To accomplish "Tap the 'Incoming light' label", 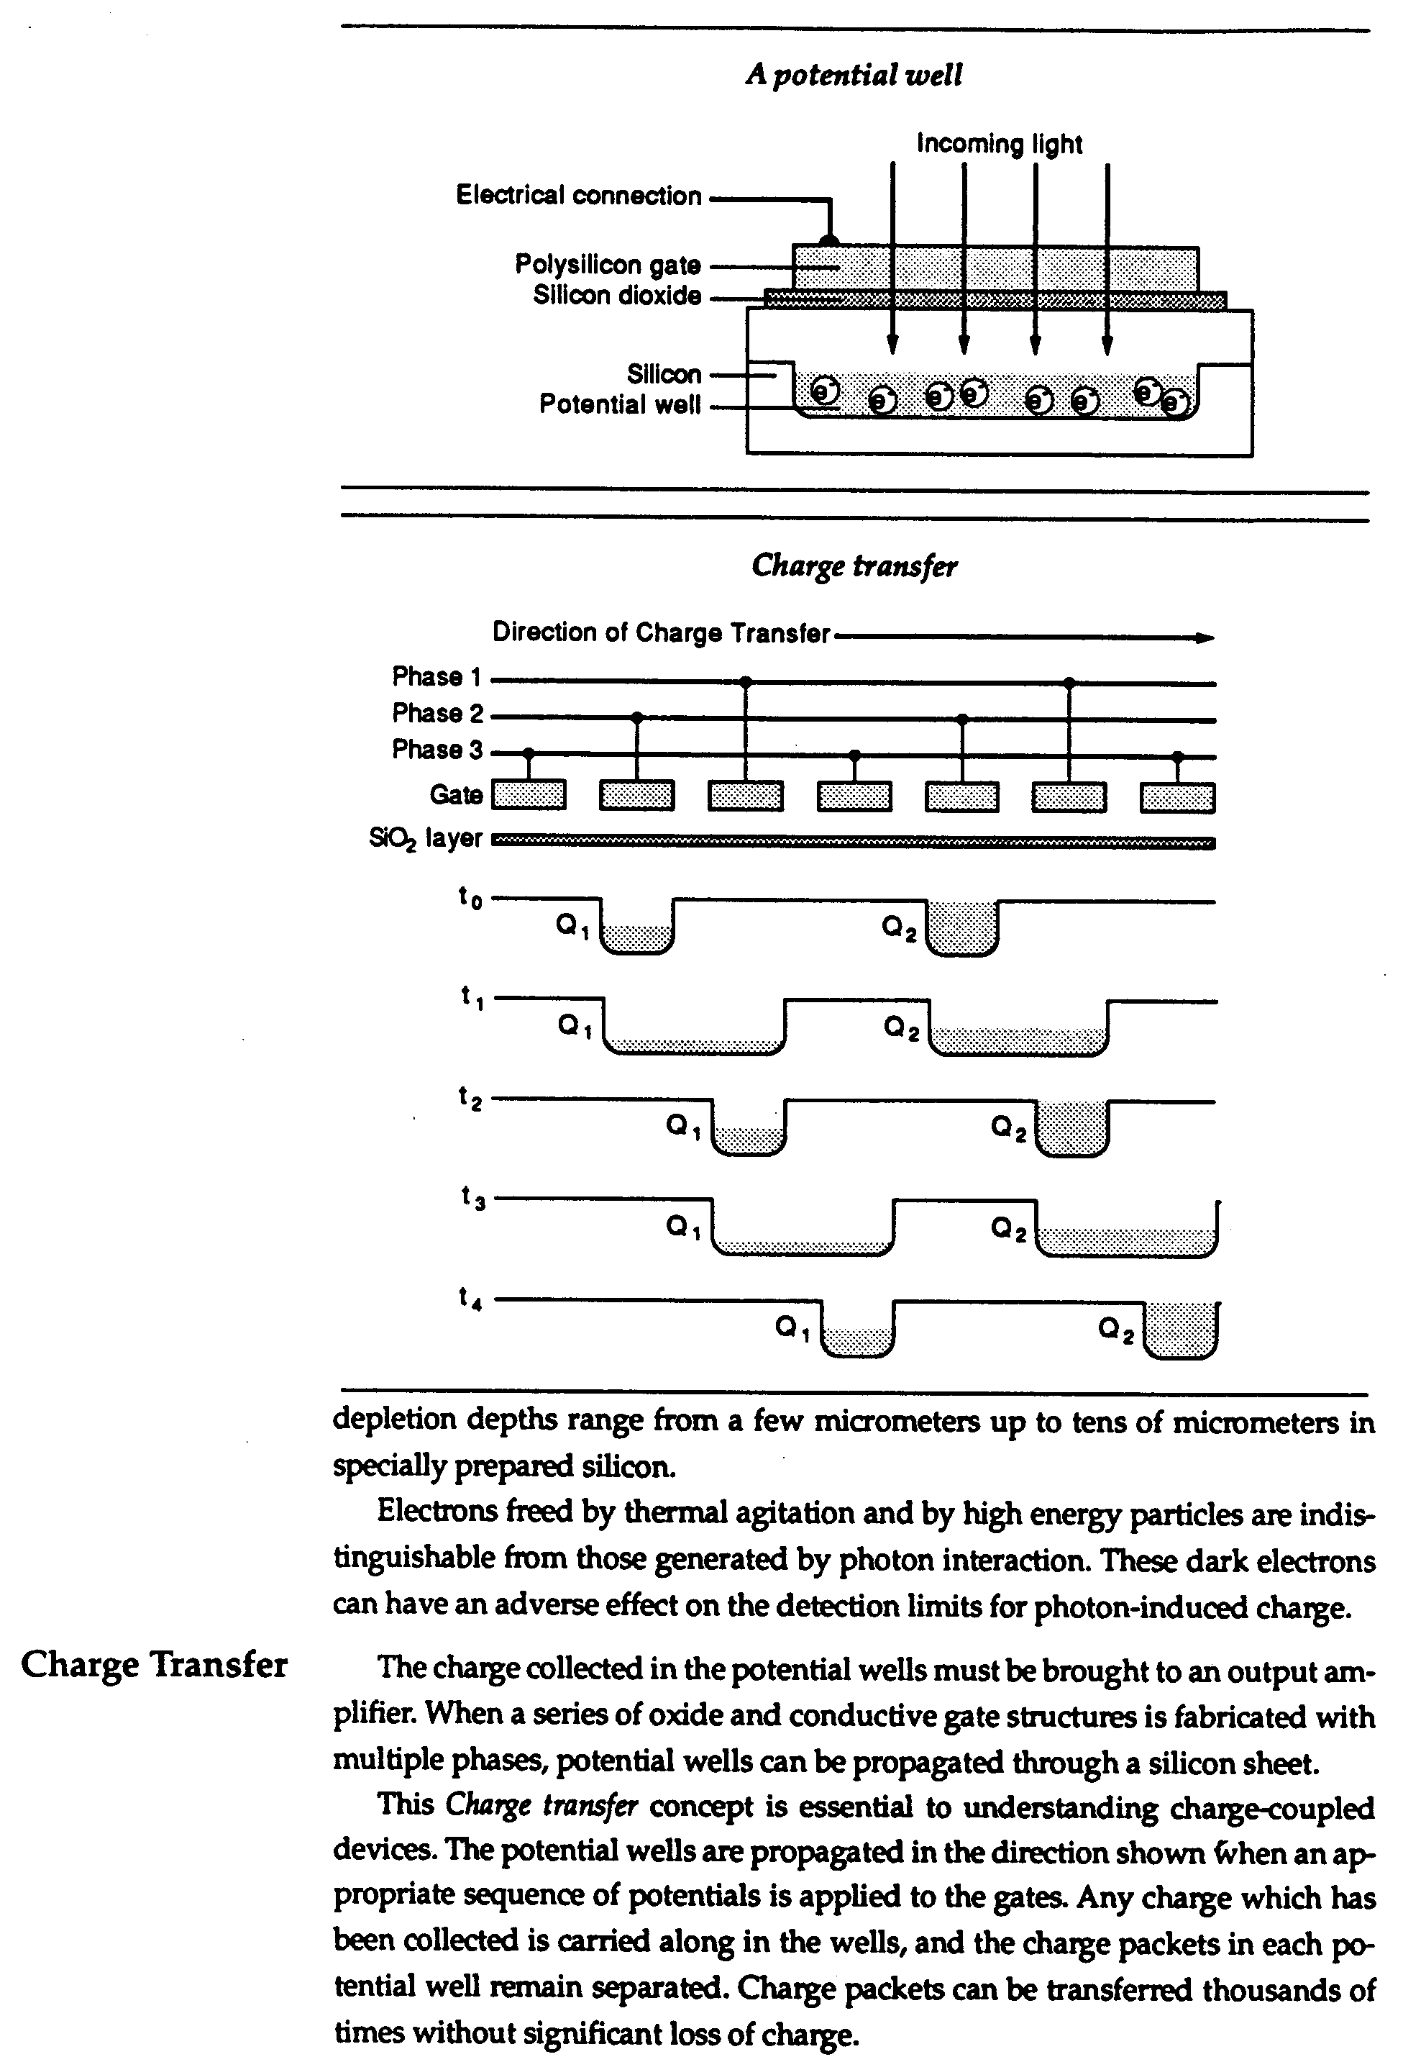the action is (x=1000, y=144).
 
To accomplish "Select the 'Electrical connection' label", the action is (x=579, y=195).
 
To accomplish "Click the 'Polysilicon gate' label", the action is (x=608, y=264).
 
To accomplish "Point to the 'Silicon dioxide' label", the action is (x=617, y=296).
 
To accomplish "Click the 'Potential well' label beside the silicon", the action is (x=620, y=404).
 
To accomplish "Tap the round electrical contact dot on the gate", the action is (x=828, y=240).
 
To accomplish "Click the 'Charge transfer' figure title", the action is (x=854, y=566).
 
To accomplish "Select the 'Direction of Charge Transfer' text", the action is (x=662, y=632).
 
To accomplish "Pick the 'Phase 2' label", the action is (x=438, y=714).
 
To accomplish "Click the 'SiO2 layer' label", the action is (x=426, y=838).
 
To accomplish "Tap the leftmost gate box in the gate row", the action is (x=529, y=795).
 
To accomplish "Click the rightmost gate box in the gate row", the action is (x=1178, y=796).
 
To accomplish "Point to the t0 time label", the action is (x=470, y=898).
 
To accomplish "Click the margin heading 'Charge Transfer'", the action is (x=155, y=1666).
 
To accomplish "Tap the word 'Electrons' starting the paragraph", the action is (x=437, y=1512).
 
